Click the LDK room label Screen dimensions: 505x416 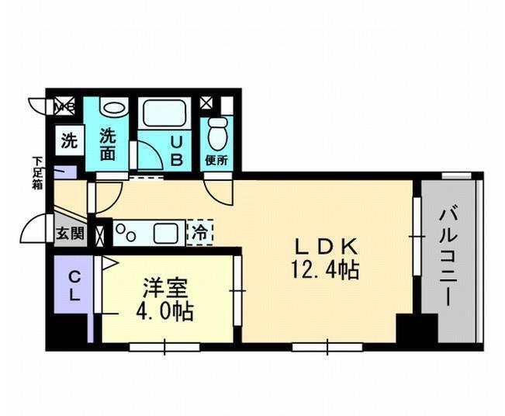[326, 248]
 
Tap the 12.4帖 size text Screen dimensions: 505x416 [325, 270]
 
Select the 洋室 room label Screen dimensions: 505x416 [165, 289]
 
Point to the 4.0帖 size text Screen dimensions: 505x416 [165, 311]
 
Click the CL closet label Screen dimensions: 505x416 [74, 286]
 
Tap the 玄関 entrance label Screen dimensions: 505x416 [70, 234]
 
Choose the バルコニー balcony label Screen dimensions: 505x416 [448, 257]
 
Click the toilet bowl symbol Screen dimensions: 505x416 [217, 133]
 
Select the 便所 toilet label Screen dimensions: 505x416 [216, 160]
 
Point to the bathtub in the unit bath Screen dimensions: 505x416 [164, 113]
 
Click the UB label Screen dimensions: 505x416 [177, 151]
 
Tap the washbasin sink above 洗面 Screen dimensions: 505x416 [114, 108]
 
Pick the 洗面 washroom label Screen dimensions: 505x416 [107, 144]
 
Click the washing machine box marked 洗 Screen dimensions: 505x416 [70, 140]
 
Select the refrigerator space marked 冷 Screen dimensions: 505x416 [200, 232]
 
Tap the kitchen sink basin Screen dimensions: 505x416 [165, 233]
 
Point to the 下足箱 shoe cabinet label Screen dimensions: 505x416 [38, 173]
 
